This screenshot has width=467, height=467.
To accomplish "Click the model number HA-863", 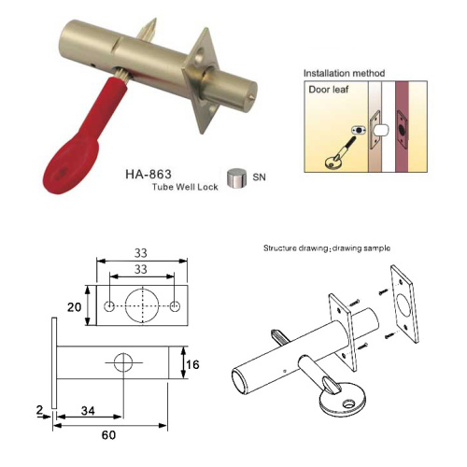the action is click(x=149, y=175).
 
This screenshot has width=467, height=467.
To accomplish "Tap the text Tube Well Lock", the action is click(x=185, y=187).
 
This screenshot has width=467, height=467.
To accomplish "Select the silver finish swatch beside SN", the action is click(x=236, y=178).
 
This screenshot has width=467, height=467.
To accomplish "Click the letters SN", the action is click(x=259, y=177).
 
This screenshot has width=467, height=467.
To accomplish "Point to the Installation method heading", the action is click(x=344, y=73).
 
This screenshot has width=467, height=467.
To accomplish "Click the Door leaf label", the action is click(x=329, y=90).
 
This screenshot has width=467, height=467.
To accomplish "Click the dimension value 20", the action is click(x=74, y=307).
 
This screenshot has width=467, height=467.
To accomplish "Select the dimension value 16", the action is click(x=192, y=364).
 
